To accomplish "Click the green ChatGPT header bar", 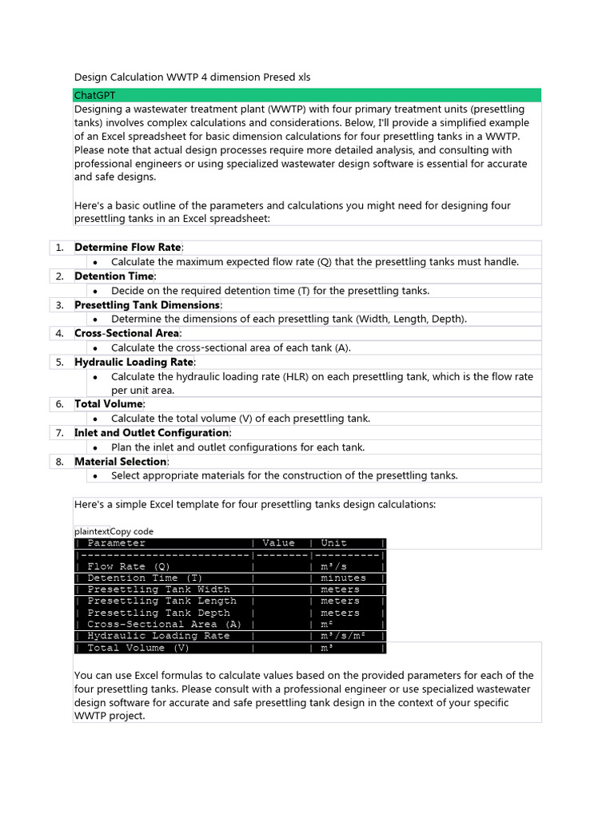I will (x=307, y=95).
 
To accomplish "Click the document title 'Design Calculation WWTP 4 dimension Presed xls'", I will (x=192, y=77).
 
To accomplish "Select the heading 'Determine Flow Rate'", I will (x=128, y=248).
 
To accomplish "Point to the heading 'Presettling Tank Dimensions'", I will (x=147, y=305).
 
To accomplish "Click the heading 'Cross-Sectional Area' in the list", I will (x=128, y=333).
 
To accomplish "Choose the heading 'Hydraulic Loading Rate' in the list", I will (x=134, y=362).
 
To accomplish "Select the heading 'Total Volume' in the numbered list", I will (x=108, y=404).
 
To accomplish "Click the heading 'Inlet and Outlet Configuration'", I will (x=152, y=433).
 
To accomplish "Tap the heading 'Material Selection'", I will (x=121, y=462).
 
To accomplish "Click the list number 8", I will (x=60, y=462).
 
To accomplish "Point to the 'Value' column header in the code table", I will (x=278, y=543).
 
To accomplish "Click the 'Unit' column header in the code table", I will (x=333, y=543).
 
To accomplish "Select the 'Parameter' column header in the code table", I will (x=117, y=543).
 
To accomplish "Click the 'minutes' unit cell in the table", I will (x=343, y=578).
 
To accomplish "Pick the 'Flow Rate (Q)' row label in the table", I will (x=127, y=566).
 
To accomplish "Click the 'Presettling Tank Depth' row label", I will (x=158, y=613).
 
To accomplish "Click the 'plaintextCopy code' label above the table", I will (x=114, y=531).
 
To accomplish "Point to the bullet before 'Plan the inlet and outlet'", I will (x=95, y=448).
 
